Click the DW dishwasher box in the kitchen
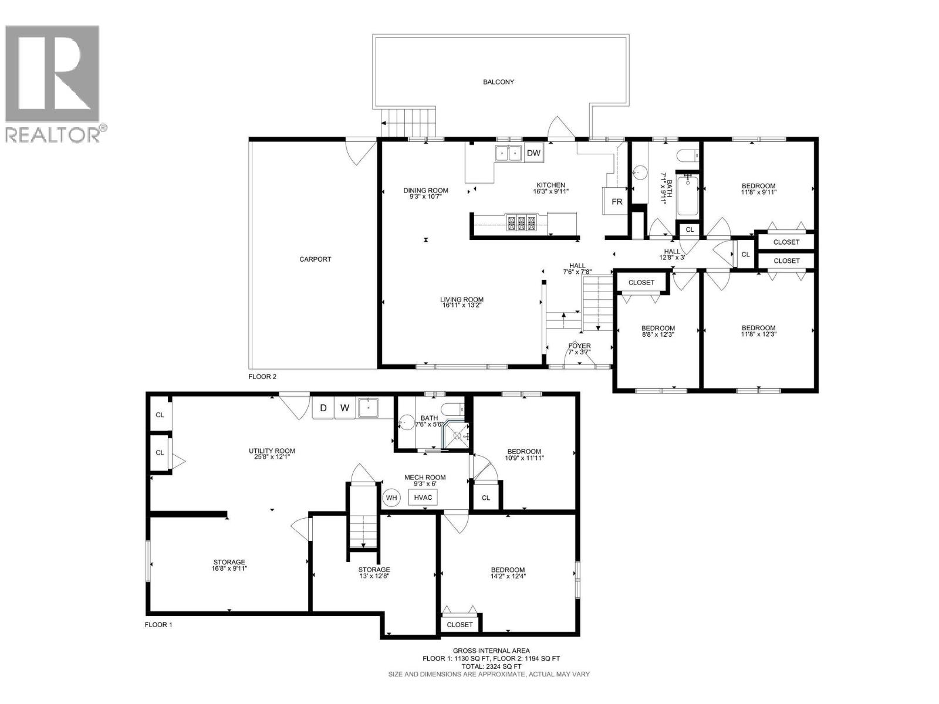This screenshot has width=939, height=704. tap(533, 153)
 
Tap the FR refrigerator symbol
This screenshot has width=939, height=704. tap(616, 202)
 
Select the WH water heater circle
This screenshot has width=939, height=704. tap(391, 497)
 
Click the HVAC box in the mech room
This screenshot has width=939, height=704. tap(423, 497)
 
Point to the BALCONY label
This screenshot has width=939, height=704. tap(498, 82)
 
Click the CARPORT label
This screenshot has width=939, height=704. tap(315, 259)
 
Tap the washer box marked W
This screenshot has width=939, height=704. tap(345, 408)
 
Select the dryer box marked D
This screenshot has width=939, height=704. tap(323, 408)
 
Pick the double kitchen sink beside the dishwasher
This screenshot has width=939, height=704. tap(508, 153)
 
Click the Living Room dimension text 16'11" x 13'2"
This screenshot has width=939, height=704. tap(462, 306)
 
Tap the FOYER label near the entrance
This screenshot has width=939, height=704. tap(579, 346)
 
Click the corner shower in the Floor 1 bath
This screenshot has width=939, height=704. tap(457, 435)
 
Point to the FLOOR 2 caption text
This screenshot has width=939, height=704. tap(262, 377)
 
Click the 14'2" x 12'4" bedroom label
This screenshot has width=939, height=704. tap(508, 576)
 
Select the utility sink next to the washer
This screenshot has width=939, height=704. tap(369, 408)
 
